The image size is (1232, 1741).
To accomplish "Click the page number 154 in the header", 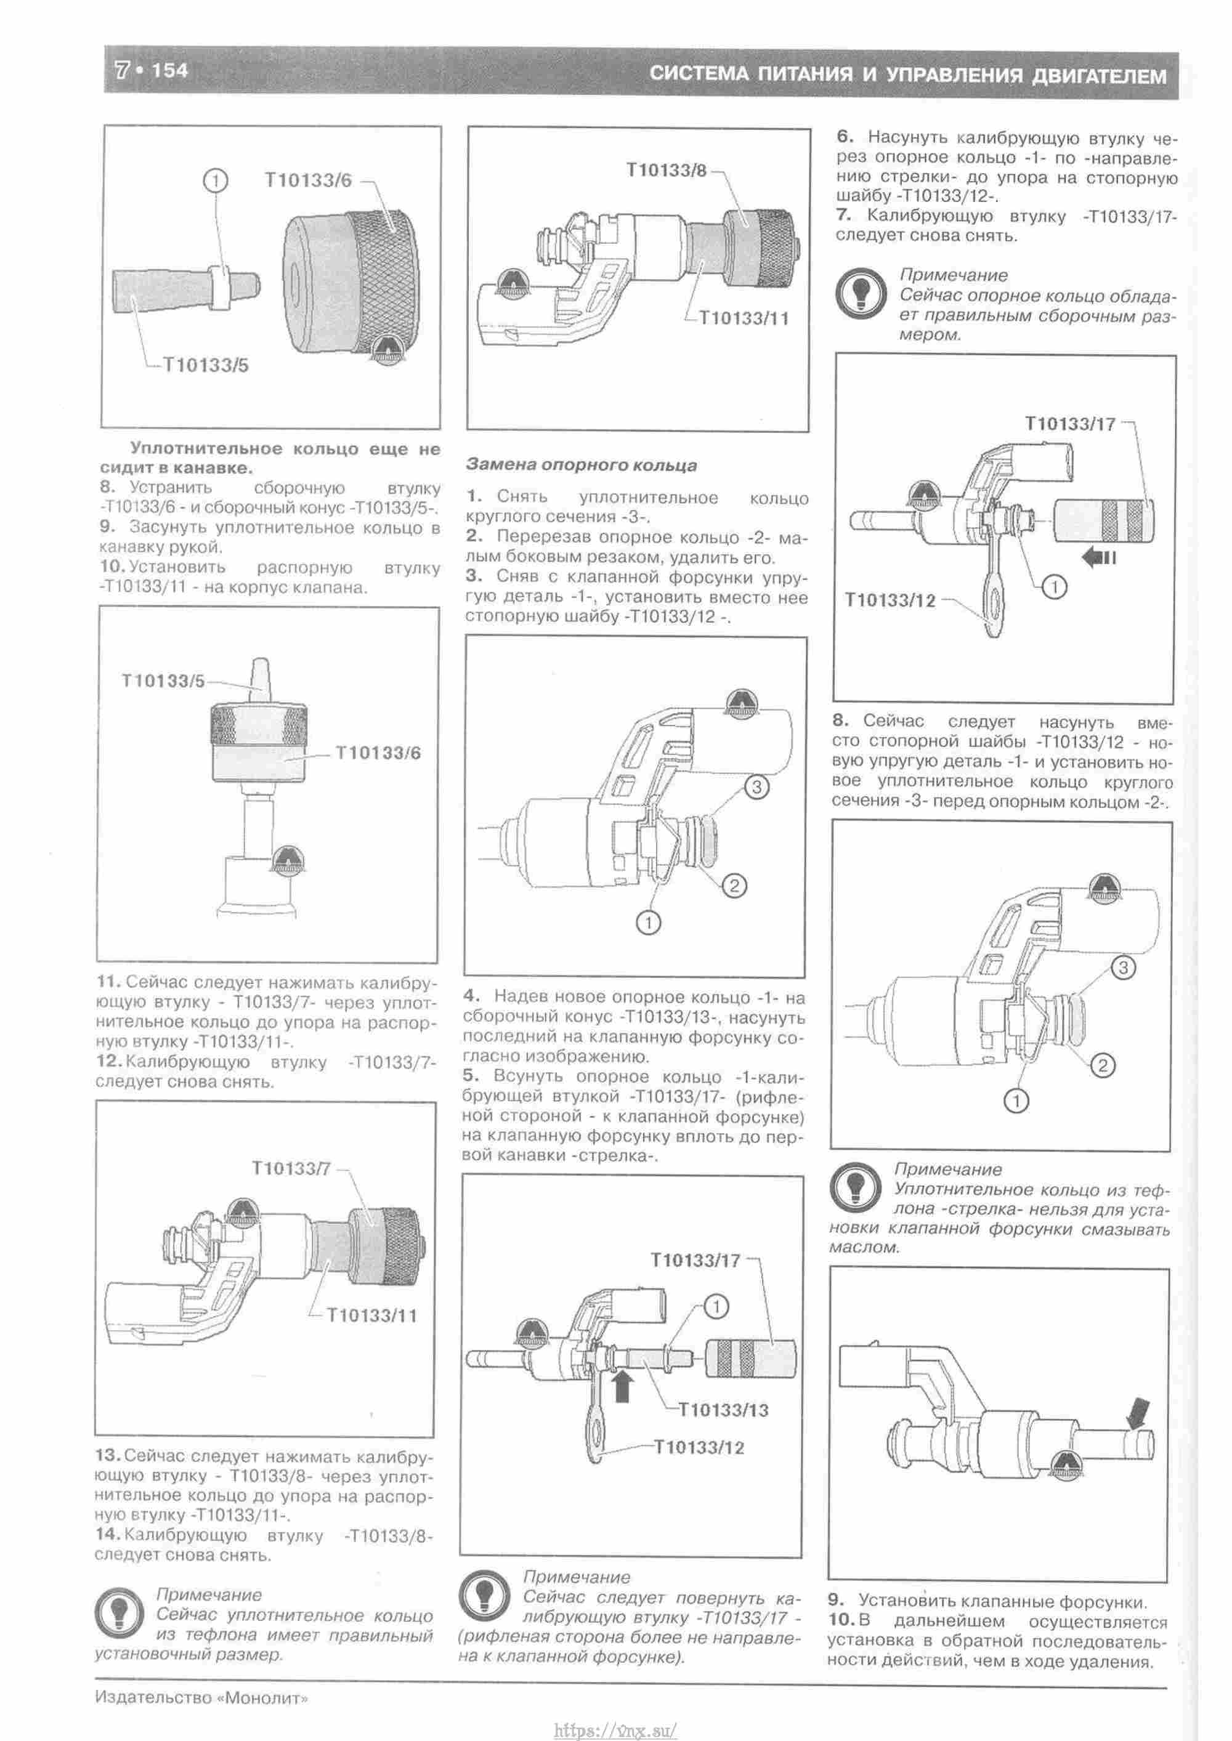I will [170, 71].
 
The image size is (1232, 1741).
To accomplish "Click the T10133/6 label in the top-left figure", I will [308, 180].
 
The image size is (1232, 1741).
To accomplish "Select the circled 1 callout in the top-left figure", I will [216, 180].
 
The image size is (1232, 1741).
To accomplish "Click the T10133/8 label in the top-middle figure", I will [666, 170].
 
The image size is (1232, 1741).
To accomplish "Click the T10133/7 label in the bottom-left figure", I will [291, 1168].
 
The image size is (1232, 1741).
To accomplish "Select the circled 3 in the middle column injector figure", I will [756, 787].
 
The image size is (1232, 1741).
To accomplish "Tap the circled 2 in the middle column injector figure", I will [734, 885].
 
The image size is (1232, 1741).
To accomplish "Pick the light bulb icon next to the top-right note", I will [861, 294].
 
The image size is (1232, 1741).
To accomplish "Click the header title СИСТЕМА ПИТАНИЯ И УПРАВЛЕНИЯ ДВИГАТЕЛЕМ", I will [907, 75].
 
